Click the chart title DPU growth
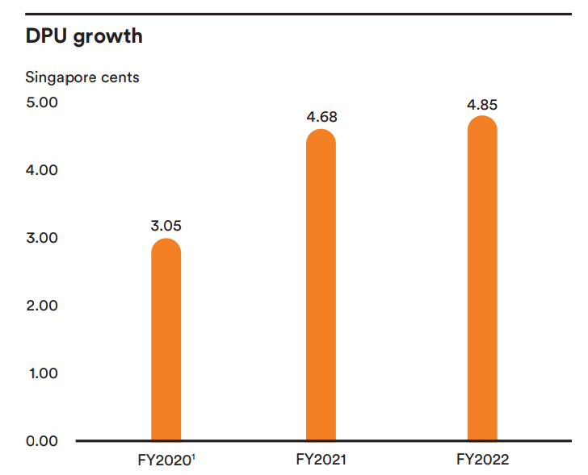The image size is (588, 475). pos(84,35)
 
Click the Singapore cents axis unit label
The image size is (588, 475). pos(82,77)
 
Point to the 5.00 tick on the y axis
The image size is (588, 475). pos(42,103)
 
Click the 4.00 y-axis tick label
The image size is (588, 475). pos(42,170)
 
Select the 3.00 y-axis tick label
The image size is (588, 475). pos(42,238)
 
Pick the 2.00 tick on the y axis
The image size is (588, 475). pos(42,306)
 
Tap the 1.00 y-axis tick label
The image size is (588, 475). pos(42,373)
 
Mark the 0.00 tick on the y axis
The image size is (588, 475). pos(42,441)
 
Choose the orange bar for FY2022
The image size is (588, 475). pos(482,278)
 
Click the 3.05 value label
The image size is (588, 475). pos(166,225)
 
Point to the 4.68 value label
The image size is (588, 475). pos(321,117)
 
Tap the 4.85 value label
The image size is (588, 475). pos(482,105)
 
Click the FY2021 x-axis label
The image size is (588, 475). pos(321,460)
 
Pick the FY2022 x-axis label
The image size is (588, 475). pos(482,460)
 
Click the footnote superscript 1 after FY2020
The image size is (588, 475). pos(193,457)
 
